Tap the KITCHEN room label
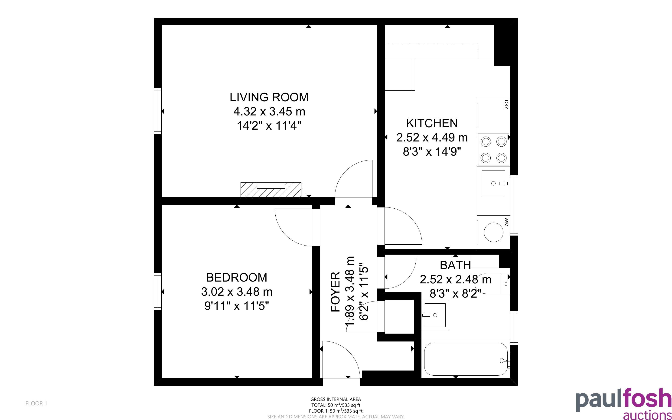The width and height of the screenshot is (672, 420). click(432, 123)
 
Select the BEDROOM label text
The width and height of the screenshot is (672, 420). click(237, 278)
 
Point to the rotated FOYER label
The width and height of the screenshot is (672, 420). click(336, 292)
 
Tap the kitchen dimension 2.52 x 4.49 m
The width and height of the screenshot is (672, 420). click(432, 138)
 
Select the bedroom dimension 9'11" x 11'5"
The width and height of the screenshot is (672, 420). click(237, 306)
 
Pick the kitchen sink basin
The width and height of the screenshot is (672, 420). click(493, 183)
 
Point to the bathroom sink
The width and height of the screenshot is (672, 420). click(435, 315)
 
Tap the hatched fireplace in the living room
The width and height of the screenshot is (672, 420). click(271, 190)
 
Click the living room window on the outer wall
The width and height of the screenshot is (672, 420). click(158, 111)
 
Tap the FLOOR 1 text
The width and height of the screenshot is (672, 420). click(36, 403)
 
